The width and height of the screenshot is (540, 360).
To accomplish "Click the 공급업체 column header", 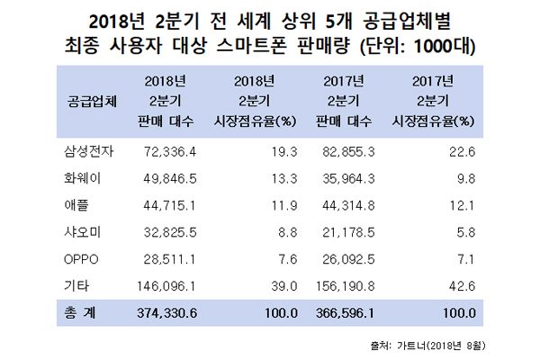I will (92, 101).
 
